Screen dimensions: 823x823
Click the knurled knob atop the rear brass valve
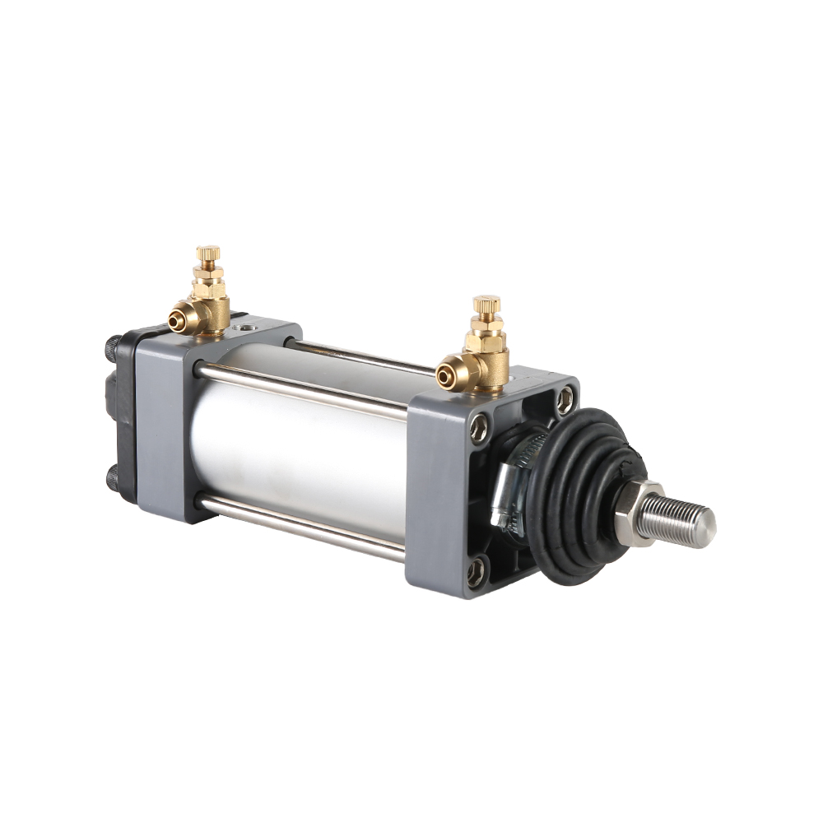(x=207, y=253)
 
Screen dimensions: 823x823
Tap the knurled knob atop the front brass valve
(x=486, y=304)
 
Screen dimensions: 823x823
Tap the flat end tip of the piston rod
(x=707, y=523)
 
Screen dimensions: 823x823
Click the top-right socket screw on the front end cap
(x=564, y=401)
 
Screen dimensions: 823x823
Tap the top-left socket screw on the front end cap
(x=477, y=427)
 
